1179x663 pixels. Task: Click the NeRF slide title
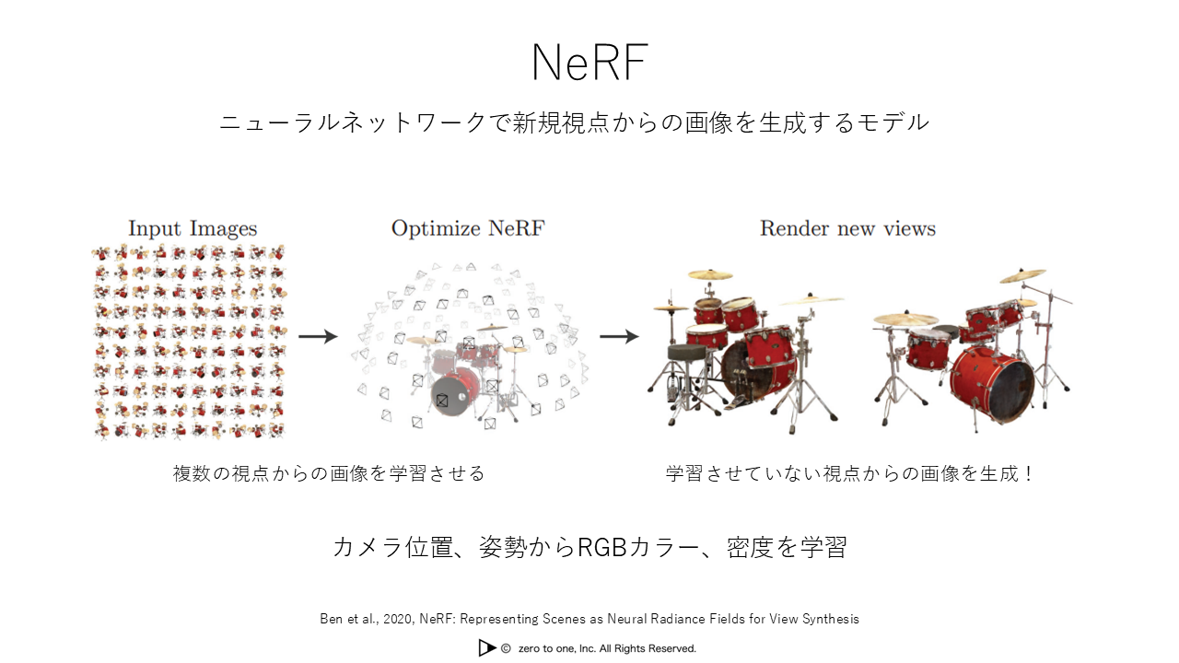[x=589, y=62]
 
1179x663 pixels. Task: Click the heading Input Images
[x=193, y=229]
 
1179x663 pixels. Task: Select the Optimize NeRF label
[x=468, y=228]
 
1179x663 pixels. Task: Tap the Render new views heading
[x=848, y=228]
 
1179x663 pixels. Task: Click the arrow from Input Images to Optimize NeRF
[x=318, y=336]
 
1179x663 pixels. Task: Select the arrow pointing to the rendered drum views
[x=620, y=336]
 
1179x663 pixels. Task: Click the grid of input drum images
[x=190, y=342]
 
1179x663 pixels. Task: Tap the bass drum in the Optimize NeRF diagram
[x=452, y=392]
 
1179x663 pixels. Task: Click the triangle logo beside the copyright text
[x=487, y=648]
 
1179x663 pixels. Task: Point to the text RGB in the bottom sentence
[x=602, y=547]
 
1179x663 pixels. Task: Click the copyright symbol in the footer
[x=506, y=649]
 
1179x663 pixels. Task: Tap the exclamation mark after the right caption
[x=1029, y=473]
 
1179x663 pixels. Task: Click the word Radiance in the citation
[x=679, y=619]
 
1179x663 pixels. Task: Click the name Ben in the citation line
[x=331, y=619]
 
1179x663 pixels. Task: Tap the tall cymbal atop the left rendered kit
[x=710, y=274]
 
